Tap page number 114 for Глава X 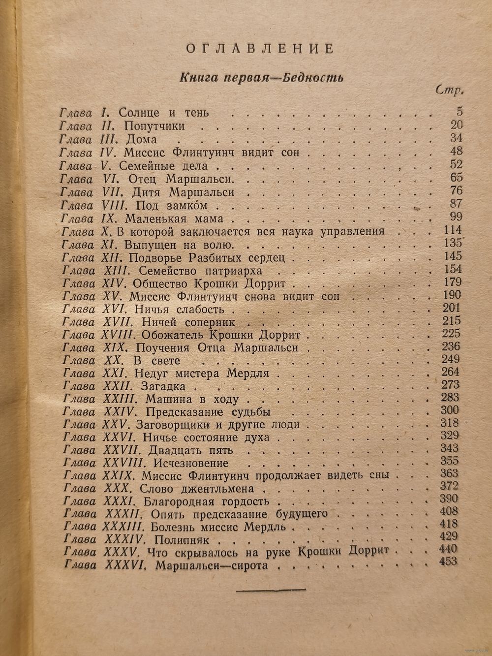click(x=452, y=230)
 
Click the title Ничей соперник click(x=187, y=322)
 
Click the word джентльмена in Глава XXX click(x=223, y=489)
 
